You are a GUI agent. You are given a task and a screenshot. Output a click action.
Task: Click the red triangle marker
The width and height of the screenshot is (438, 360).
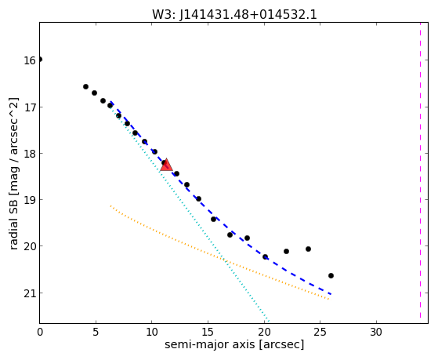point(166,165)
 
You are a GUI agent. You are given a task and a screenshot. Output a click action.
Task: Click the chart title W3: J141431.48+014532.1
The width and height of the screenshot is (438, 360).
point(234,15)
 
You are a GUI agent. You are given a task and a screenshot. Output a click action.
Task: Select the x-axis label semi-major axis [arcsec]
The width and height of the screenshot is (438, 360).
point(234,344)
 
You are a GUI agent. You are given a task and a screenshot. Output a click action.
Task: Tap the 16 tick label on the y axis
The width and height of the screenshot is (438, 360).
point(30,60)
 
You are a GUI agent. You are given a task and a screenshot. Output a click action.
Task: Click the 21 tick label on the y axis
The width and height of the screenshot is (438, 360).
point(30,293)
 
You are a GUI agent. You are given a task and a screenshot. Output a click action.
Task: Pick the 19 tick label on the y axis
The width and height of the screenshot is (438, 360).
point(30,200)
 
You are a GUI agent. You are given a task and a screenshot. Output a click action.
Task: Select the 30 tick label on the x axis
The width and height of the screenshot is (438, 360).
point(376,332)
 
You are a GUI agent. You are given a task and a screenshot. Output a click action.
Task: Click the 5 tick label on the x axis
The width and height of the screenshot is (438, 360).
point(96,332)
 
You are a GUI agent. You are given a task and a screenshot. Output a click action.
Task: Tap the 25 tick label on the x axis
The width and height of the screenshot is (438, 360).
point(320,332)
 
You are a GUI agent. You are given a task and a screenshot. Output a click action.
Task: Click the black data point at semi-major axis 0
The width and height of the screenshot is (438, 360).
point(40,60)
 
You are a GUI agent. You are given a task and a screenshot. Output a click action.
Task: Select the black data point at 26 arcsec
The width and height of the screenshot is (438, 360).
point(331,276)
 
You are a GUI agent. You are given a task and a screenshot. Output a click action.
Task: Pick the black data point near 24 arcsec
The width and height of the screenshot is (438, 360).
point(309,249)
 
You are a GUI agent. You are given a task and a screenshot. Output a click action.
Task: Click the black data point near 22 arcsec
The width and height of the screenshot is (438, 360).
point(286,252)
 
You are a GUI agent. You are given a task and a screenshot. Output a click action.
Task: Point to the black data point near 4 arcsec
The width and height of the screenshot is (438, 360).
point(85,87)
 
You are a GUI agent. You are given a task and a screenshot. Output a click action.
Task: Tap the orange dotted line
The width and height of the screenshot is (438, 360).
point(219,253)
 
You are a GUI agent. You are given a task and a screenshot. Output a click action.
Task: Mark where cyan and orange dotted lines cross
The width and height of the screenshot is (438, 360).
point(224,260)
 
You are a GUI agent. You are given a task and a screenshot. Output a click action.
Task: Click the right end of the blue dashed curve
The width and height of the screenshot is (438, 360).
point(331,294)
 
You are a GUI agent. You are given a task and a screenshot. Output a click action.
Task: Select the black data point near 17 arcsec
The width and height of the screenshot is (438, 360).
point(230,235)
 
